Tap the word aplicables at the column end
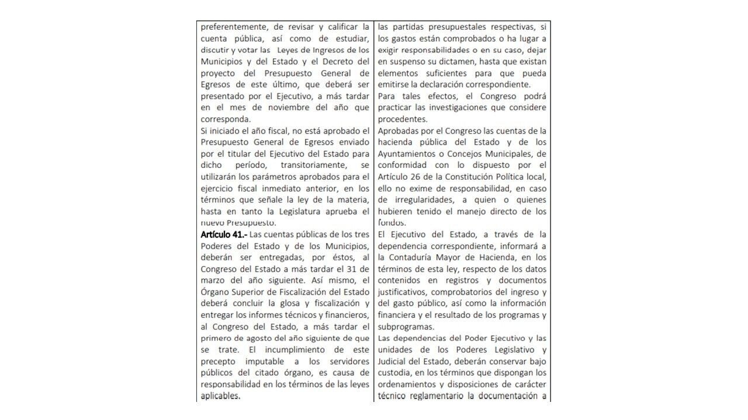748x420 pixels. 220,395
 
